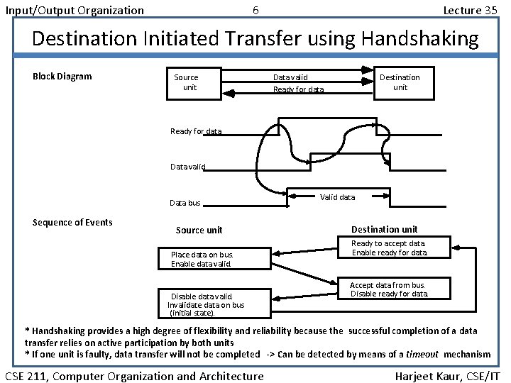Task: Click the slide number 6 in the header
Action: click(255, 10)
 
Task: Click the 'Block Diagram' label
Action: click(62, 77)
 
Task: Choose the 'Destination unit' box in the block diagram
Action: click(400, 82)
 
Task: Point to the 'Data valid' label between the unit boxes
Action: click(290, 77)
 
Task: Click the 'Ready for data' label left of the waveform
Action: click(196, 131)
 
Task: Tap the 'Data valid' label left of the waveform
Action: click(188, 167)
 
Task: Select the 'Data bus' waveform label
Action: click(185, 203)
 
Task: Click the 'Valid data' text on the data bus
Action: click(338, 197)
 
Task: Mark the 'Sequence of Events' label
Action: click(72, 223)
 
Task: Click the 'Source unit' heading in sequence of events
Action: click(199, 230)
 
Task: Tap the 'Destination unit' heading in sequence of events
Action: click(385, 229)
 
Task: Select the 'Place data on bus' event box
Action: click(210, 259)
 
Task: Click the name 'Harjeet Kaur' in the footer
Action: click(427, 376)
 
